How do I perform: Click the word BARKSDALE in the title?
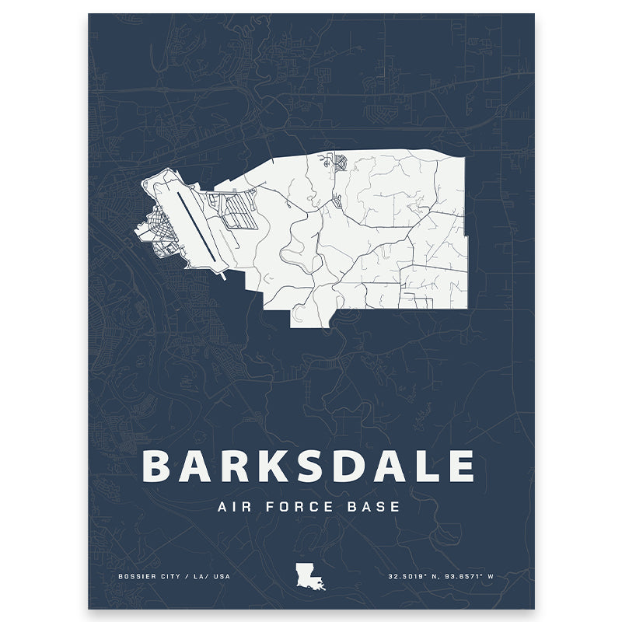click(x=309, y=466)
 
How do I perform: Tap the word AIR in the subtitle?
click(x=237, y=507)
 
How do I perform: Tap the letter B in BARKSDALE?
click(x=159, y=466)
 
